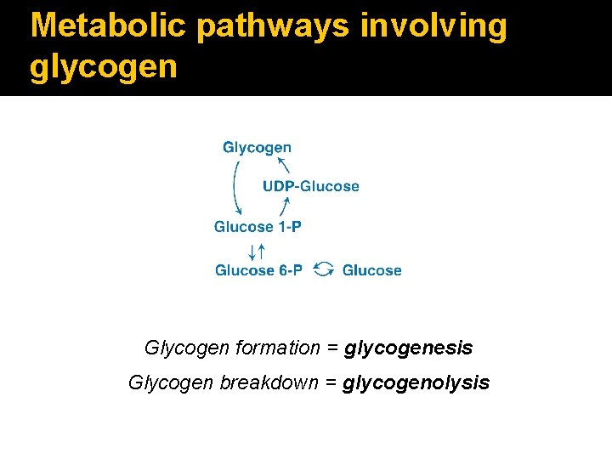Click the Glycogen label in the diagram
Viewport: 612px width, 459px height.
257,147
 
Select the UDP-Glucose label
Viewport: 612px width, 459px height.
311,186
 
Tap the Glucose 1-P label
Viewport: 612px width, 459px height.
258,226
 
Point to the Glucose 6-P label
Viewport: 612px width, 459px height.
258,270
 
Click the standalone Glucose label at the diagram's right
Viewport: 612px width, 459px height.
371,270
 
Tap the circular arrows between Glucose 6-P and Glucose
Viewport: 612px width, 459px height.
323,269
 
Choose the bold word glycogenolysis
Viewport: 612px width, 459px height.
416,382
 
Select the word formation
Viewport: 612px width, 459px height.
271,348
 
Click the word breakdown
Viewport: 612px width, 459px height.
269,382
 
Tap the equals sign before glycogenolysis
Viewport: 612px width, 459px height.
331,383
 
